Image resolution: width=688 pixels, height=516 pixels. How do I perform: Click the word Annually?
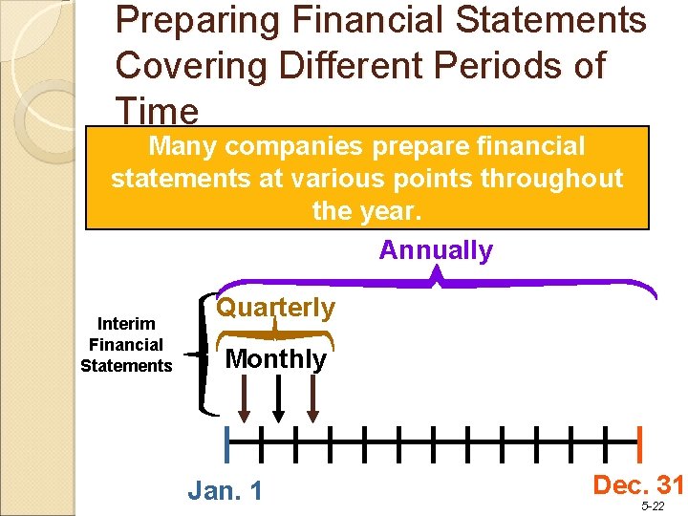click(436, 250)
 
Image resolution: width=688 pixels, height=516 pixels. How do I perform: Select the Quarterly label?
click(275, 307)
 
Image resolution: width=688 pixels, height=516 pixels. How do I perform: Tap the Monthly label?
click(275, 359)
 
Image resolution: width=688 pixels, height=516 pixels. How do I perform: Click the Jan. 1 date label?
click(226, 491)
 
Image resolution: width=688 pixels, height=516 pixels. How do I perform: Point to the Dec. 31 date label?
click(637, 484)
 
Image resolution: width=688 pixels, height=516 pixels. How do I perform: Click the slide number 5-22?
click(654, 506)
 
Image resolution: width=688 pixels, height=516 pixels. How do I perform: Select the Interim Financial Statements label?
click(126, 345)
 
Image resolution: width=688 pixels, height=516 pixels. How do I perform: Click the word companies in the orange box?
click(301, 146)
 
